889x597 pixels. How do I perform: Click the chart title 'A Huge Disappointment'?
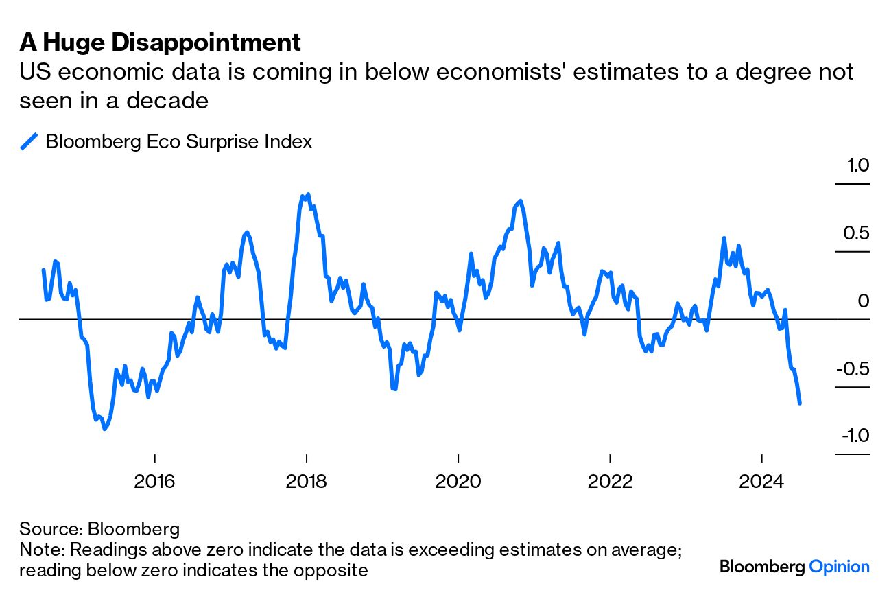point(160,43)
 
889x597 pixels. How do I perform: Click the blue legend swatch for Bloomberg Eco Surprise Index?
point(29,141)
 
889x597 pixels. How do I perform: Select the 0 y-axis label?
point(864,301)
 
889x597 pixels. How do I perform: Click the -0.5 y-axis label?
point(851,368)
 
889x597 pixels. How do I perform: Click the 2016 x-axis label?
point(155,480)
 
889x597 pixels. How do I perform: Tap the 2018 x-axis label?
point(307,480)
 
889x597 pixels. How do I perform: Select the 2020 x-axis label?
point(458,480)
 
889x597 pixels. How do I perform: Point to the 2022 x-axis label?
point(610,480)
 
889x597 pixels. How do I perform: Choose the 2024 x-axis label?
point(762,480)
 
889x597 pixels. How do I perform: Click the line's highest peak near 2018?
point(307,195)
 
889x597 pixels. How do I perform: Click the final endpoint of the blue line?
point(800,403)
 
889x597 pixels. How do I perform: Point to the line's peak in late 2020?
point(521,201)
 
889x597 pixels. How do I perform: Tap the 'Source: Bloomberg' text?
point(99,529)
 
